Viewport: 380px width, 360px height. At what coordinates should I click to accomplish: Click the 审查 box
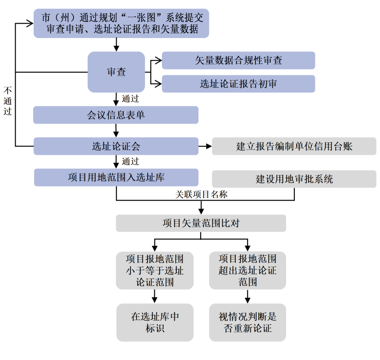[x=116, y=72]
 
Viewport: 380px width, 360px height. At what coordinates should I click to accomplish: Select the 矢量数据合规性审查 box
[x=238, y=61]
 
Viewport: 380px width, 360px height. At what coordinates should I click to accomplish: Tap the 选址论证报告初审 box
[x=238, y=84]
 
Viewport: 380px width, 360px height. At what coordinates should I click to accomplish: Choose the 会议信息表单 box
[x=116, y=115]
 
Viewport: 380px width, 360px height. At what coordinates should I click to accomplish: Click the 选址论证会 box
[x=116, y=146]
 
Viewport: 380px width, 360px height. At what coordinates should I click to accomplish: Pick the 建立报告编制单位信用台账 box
[x=294, y=146]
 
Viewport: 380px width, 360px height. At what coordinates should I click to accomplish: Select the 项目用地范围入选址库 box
[x=116, y=177]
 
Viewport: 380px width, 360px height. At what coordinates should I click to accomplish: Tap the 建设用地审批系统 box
[x=294, y=179]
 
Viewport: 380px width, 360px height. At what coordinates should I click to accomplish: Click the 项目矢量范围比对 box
[x=201, y=223]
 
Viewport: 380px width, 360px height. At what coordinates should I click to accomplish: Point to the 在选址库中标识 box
[x=155, y=322]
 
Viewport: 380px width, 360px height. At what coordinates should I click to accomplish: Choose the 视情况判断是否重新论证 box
[x=247, y=322]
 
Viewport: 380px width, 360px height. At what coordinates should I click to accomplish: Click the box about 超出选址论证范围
[x=247, y=271]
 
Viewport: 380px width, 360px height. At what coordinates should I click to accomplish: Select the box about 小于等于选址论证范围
[x=155, y=271]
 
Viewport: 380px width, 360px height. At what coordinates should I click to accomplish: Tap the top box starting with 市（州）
[x=121, y=23]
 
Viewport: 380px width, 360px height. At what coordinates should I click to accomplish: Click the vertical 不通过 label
[x=7, y=101]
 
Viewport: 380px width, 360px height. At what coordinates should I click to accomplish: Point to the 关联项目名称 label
[x=201, y=194]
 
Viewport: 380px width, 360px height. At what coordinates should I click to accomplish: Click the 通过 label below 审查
[x=130, y=99]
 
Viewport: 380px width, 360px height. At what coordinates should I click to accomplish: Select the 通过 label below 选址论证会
[x=130, y=161]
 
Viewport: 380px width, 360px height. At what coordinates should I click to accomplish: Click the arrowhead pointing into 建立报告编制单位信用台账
[x=209, y=146]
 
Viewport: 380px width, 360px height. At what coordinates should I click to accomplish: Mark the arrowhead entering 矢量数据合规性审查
[x=159, y=61]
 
